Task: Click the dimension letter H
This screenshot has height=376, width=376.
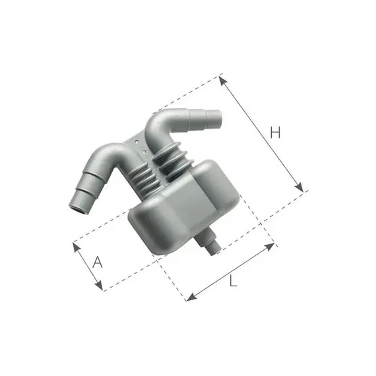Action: (x=275, y=132)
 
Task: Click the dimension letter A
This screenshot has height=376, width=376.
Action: (x=98, y=262)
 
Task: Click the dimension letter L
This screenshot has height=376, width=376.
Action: (x=233, y=280)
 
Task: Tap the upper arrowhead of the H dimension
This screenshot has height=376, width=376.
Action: (x=223, y=81)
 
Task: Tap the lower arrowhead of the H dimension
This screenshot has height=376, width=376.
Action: (x=299, y=187)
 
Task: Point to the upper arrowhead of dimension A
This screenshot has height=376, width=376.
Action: (x=77, y=247)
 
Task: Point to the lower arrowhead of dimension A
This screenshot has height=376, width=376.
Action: (x=99, y=286)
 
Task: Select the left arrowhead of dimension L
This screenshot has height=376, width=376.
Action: (x=191, y=298)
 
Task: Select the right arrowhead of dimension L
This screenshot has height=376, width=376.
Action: (x=270, y=246)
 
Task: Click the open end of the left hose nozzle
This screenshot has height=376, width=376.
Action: (x=78, y=208)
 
